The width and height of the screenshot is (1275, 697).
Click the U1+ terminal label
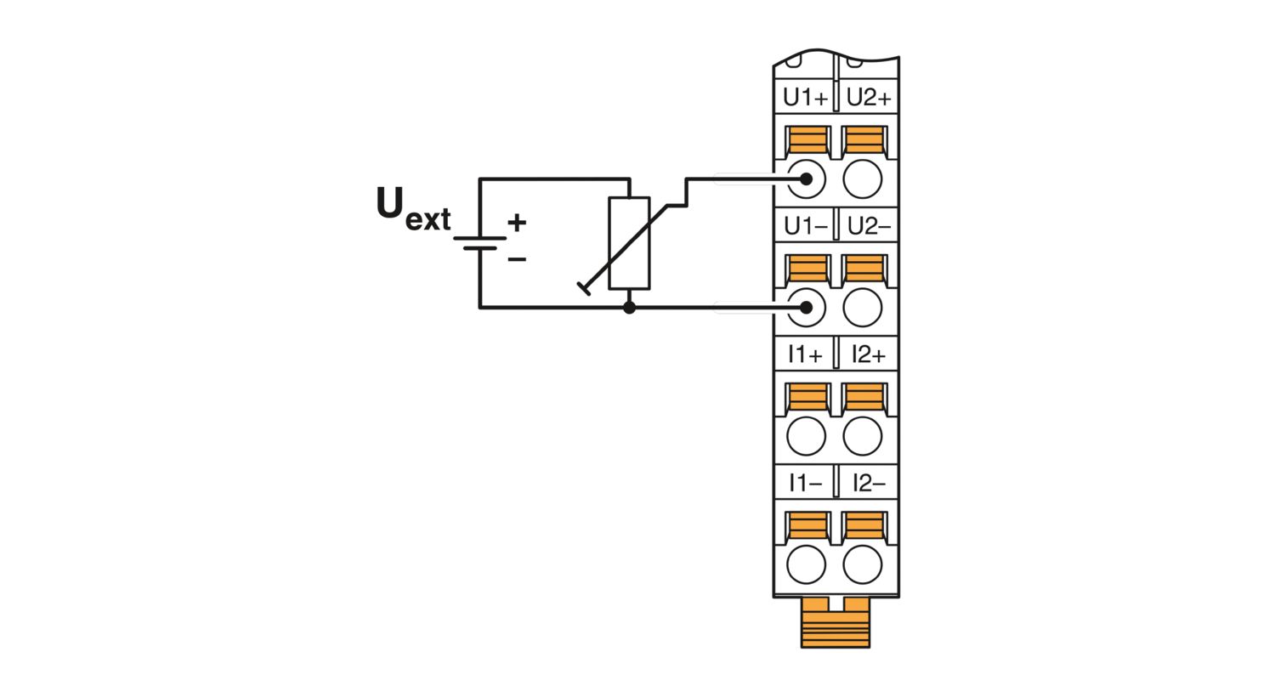(x=805, y=98)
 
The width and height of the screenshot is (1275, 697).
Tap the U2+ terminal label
(x=869, y=98)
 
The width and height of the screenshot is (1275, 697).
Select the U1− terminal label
(x=805, y=226)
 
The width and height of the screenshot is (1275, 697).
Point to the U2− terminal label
(x=869, y=226)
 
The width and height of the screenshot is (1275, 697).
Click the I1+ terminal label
(x=805, y=354)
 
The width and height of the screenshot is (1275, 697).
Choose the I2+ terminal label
(x=869, y=354)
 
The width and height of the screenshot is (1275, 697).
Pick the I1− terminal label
(x=805, y=483)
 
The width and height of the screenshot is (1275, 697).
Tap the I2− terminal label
(x=869, y=483)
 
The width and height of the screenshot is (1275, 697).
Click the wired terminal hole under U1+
(x=806, y=179)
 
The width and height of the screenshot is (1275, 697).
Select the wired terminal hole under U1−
(x=806, y=308)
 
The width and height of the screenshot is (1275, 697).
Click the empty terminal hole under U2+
(x=863, y=179)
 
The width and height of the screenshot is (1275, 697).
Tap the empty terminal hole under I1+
(x=806, y=436)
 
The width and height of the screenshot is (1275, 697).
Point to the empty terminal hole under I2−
(x=863, y=564)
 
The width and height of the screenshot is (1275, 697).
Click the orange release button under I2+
(x=864, y=397)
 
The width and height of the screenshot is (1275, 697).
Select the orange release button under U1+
(x=807, y=139)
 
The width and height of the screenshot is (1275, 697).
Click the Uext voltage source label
(x=413, y=209)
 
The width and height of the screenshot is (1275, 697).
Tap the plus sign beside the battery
(x=517, y=223)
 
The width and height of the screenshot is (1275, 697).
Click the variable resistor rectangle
(x=629, y=243)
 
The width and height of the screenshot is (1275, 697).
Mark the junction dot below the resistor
(x=629, y=308)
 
